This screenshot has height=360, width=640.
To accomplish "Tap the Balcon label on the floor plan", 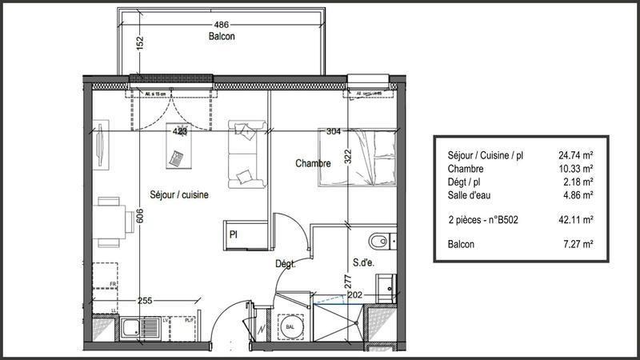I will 222,37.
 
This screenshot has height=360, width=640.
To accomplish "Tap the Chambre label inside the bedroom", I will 313,163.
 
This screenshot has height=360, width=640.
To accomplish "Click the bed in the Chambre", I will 358,157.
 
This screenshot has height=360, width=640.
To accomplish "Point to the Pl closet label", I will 235,235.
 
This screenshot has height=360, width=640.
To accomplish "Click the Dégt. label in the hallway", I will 286,263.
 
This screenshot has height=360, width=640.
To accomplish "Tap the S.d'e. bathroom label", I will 364,261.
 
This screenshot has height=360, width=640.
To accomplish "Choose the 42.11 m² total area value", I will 574,218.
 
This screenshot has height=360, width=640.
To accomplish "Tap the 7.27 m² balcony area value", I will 574,244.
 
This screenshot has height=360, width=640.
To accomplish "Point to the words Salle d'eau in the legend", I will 468,194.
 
